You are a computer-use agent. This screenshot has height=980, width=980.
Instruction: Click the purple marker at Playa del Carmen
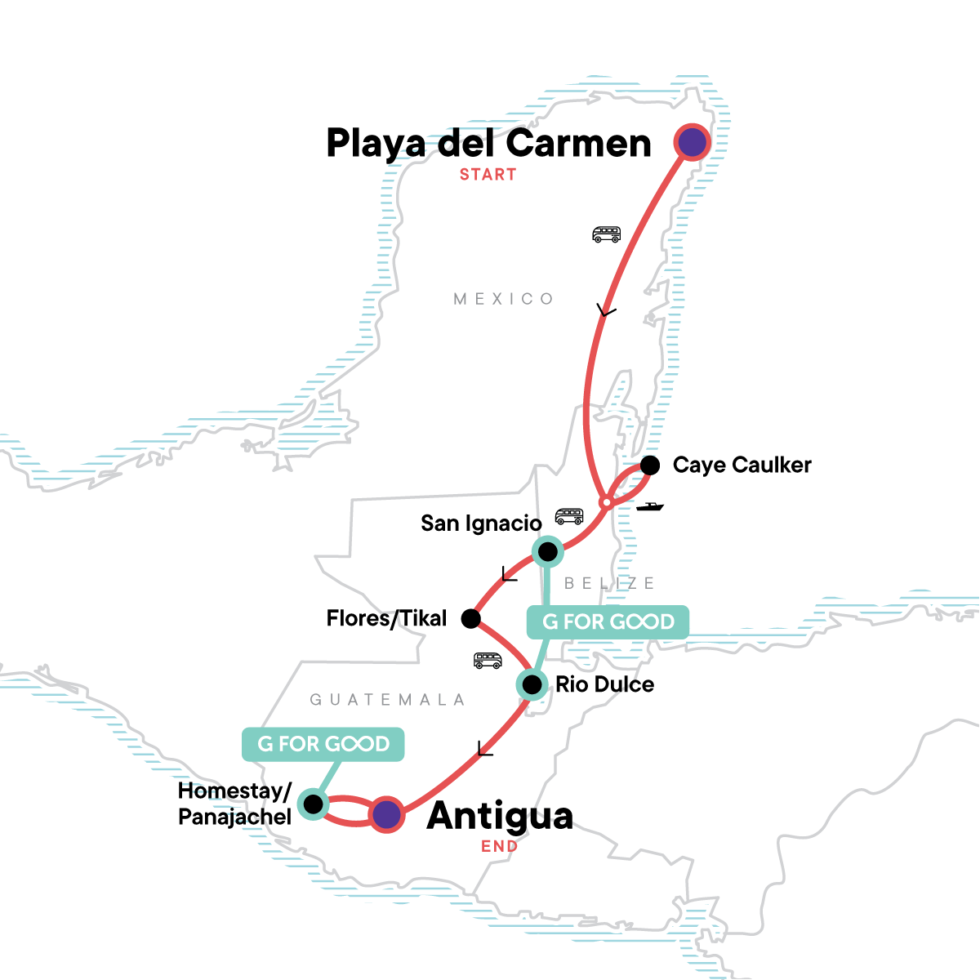click(x=693, y=143)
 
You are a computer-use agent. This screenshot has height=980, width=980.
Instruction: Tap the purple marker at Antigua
click(x=386, y=814)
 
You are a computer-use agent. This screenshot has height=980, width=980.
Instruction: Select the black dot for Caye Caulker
click(x=650, y=465)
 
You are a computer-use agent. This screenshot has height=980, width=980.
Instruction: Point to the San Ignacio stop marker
click(x=547, y=552)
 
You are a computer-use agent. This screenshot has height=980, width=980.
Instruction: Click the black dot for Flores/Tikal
click(x=471, y=618)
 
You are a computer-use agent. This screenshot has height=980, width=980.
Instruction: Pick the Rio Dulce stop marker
click(x=532, y=684)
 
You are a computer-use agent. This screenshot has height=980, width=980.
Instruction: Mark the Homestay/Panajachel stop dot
click(x=313, y=804)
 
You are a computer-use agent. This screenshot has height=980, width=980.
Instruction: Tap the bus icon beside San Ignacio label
click(x=569, y=516)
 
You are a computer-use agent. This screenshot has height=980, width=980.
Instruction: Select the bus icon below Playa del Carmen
click(x=606, y=235)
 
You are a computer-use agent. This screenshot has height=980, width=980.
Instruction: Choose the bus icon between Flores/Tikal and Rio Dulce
click(x=488, y=661)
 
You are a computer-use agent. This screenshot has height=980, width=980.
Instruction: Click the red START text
click(x=488, y=175)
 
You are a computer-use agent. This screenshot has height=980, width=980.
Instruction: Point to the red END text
click(x=499, y=847)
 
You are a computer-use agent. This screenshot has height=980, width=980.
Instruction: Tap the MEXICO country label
click(x=504, y=299)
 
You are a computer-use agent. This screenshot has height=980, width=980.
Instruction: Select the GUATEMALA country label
click(x=388, y=700)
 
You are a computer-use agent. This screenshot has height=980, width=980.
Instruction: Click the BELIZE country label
click(x=610, y=583)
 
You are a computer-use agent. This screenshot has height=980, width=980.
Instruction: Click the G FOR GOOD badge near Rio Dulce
click(x=608, y=621)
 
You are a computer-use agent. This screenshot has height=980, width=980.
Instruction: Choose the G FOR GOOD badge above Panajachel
click(x=323, y=744)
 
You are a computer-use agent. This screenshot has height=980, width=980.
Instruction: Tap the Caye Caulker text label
click(x=742, y=465)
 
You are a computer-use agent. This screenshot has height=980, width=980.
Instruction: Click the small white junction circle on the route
click(x=606, y=502)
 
